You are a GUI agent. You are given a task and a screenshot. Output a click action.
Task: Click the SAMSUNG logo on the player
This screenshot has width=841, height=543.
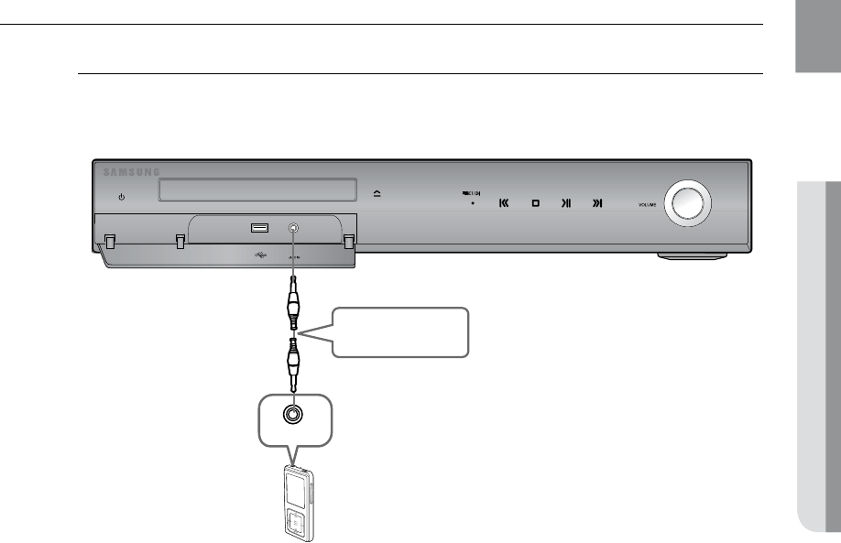131,171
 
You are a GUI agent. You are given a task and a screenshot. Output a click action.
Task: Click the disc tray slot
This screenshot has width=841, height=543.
257,190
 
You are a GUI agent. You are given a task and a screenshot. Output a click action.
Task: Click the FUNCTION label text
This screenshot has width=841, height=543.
471,193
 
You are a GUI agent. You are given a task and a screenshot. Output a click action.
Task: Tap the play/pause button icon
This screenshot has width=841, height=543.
566,203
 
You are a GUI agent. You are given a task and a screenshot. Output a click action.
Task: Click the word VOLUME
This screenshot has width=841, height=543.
649,205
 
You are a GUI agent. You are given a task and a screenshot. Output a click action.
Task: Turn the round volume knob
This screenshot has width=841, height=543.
687,201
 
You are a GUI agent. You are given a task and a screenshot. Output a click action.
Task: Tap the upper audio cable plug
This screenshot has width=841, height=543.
292,306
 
